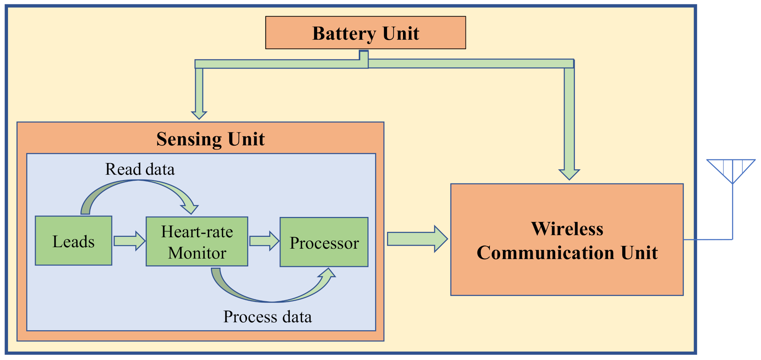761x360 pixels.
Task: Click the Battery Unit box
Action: [x=365, y=33]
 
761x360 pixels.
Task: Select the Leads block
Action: [x=74, y=241]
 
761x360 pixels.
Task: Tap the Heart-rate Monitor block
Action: [x=197, y=241]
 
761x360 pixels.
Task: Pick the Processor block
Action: [x=324, y=242]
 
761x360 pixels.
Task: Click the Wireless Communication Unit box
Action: [x=567, y=239]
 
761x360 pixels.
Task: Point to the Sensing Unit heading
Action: [x=210, y=139]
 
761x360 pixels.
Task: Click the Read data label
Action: [x=140, y=169]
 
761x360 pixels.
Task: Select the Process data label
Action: [x=267, y=317]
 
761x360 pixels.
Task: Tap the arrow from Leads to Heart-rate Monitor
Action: [x=129, y=241]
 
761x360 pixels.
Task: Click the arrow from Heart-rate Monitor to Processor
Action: [x=264, y=241]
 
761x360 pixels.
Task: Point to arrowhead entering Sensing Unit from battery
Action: [x=199, y=114]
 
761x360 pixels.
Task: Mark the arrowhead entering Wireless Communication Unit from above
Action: [x=569, y=174]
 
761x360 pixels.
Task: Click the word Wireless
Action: [x=567, y=228]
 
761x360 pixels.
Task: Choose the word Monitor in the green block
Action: [x=197, y=253]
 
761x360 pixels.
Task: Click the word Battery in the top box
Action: [x=344, y=34]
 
